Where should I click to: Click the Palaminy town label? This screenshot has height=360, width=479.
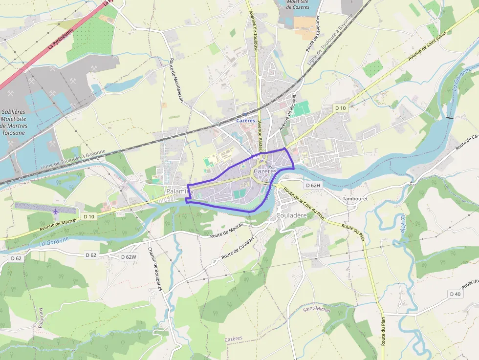pyautogui.click(x=179, y=191)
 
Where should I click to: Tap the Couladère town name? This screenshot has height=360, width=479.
pyautogui.click(x=292, y=215)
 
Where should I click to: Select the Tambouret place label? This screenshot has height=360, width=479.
pyautogui.click(x=355, y=199)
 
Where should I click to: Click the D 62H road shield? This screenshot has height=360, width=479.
pyautogui.click(x=312, y=185)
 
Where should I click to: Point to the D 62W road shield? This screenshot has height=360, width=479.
pyautogui.click(x=130, y=256)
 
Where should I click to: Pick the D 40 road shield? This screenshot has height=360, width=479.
pyautogui.click(x=456, y=294)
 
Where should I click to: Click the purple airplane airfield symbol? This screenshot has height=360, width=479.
pyautogui.click(x=56, y=211)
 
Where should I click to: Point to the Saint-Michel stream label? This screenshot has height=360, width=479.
pyautogui.click(x=316, y=310)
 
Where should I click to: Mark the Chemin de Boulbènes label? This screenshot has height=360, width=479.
pyautogui.click(x=155, y=267)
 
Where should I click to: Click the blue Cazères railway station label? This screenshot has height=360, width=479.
pyautogui.click(x=245, y=120)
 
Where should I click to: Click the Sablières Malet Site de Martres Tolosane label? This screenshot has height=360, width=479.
pyautogui.click(x=13, y=122)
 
